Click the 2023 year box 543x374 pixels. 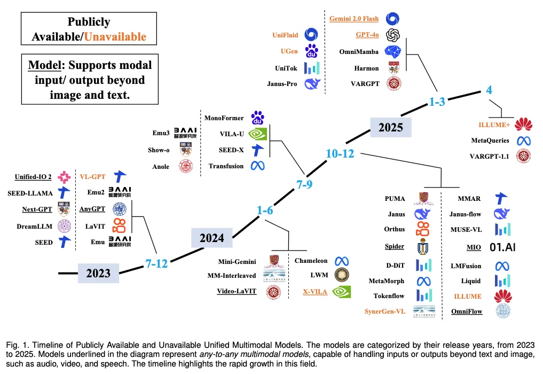(98, 273)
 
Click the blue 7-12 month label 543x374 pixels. (156, 263)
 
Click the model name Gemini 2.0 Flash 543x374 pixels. (353, 19)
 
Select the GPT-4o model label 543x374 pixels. (367, 35)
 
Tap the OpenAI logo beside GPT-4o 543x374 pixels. (393, 35)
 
